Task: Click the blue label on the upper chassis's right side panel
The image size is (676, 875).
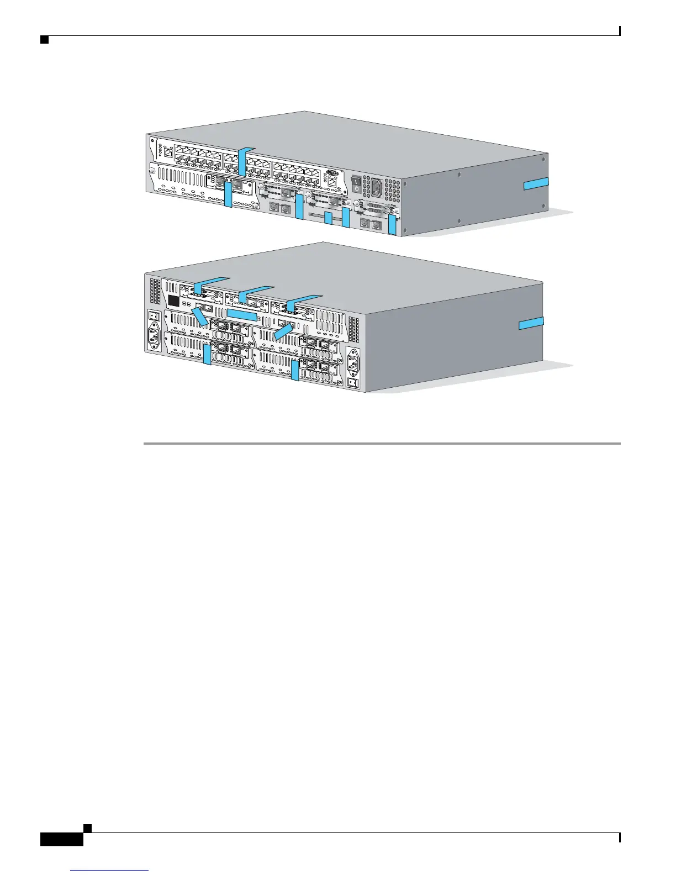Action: (x=536, y=184)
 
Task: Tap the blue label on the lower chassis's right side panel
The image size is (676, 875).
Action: (x=531, y=324)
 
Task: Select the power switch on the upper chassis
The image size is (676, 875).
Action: (x=357, y=185)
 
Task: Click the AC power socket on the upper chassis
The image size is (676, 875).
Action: (x=376, y=188)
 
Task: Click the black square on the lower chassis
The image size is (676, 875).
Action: (x=173, y=301)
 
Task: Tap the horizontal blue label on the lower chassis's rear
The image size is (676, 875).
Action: (x=242, y=315)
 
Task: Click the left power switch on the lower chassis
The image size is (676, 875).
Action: (x=154, y=317)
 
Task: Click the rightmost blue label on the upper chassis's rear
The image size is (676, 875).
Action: (x=392, y=225)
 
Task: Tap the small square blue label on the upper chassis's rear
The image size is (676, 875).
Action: (x=328, y=218)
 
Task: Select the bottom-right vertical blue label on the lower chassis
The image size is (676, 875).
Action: (x=295, y=370)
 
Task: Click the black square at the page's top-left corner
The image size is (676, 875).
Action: (x=44, y=40)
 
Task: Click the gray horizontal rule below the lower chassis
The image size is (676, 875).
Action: (x=381, y=443)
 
